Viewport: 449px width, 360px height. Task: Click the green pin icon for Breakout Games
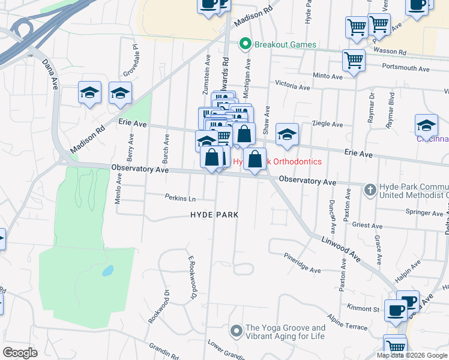(245, 44)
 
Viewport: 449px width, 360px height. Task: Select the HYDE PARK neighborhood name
(214, 215)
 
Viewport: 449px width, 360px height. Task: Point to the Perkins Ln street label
(181, 197)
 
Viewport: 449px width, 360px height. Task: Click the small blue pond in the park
(107, 271)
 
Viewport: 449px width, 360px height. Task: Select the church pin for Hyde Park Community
(370, 190)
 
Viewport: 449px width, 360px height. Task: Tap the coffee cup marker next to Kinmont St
(396, 310)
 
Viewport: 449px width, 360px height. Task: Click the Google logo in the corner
(20, 353)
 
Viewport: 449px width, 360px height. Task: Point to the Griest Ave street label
(368, 226)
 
